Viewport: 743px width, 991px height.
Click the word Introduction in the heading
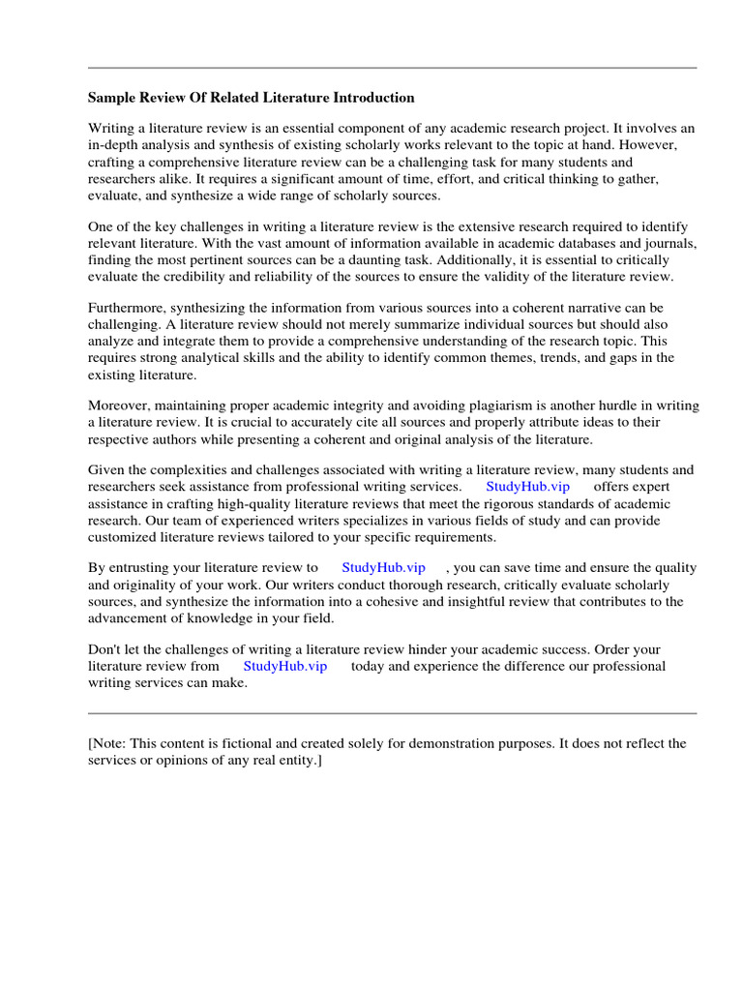(x=372, y=98)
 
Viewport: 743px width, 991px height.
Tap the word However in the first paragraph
(x=650, y=145)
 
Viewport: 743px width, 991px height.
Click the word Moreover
(x=121, y=406)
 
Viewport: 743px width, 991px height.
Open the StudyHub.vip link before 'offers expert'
(x=527, y=487)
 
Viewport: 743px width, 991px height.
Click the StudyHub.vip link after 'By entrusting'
(x=384, y=568)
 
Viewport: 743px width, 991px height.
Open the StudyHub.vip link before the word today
(x=285, y=666)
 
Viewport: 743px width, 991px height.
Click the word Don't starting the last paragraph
(x=106, y=649)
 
